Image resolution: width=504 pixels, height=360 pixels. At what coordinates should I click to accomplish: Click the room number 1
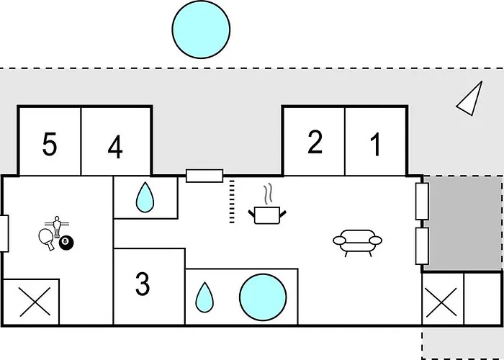click(375, 145)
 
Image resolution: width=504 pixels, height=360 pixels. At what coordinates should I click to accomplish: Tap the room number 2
click(315, 143)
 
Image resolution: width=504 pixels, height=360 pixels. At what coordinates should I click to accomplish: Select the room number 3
click(143, 284)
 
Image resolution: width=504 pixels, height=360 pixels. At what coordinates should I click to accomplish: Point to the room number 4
click(115, 148)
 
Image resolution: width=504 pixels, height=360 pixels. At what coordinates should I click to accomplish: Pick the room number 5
click(49, 145)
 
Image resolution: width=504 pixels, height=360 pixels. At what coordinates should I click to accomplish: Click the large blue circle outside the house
click(201, 30)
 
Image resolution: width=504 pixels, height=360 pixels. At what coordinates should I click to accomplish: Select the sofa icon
click(357, 242)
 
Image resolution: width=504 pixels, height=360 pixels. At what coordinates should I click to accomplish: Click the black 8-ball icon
click(66, 243)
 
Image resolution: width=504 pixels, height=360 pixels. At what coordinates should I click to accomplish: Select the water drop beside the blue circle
click(205, 297)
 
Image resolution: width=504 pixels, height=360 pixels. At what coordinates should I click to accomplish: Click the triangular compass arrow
click(469, 98)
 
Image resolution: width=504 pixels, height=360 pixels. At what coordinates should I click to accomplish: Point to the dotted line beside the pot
click(232, 202)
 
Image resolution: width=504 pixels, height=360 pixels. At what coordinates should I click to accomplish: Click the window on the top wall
click(204, 175)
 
